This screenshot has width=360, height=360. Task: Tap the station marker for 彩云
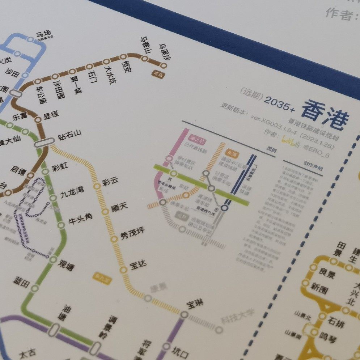point(97,186)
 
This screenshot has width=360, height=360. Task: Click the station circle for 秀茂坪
point(114,238)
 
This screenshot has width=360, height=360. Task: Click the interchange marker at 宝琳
point(184,315)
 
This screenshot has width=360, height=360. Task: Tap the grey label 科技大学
point(237,316)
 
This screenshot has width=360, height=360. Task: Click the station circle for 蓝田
point(35,288)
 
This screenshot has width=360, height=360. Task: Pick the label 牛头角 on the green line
point(80,219)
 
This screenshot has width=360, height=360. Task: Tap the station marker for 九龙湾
point(53,198)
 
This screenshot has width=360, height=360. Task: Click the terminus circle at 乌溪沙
point(164,66)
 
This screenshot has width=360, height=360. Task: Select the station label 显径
point(51,115)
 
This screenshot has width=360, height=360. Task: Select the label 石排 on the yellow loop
point(336,320)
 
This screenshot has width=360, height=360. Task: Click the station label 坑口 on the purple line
point(180,350)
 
